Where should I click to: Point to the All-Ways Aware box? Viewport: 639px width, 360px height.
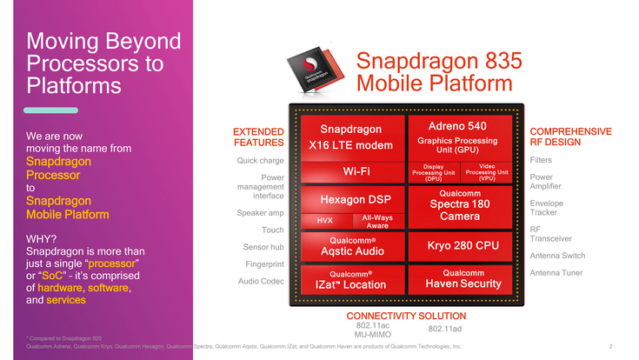point(376,221)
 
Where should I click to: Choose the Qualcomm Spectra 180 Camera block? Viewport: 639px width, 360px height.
point(457,204)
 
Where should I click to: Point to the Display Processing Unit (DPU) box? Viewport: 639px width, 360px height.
point(433,171)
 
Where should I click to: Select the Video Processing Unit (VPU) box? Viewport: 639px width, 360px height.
point(487,171)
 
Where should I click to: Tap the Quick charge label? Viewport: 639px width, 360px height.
point(261,160)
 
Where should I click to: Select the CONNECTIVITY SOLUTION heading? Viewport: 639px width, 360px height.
point(406,315)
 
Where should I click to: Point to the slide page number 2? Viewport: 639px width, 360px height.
point(611,346)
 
